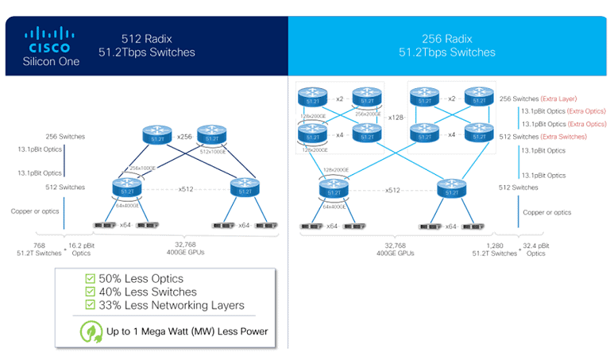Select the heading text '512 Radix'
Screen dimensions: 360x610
tap(145, 37)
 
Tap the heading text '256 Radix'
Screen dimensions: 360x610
tap(446, 37)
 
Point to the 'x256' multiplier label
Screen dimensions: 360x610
tap(185, 137)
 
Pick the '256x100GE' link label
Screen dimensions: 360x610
tap(142, 168)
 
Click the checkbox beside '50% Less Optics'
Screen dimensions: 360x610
tap(90, 279)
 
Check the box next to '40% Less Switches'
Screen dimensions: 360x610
tap(90, 292)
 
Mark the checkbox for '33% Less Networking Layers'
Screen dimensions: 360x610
tap(90, 306)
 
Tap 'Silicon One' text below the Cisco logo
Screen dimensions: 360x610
tap(52, 62)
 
